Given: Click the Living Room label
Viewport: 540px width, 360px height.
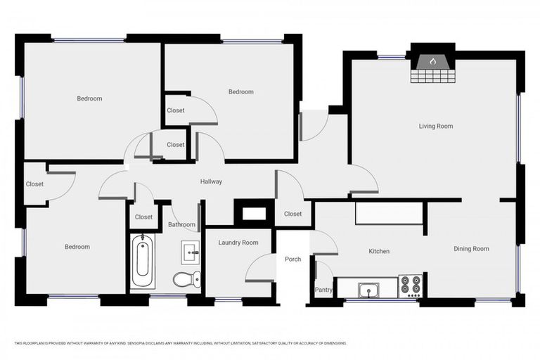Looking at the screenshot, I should [x=435, y=127].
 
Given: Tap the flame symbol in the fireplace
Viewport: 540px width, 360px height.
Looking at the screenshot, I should [x=432, y=62].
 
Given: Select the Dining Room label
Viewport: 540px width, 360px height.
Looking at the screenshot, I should [x=470, y=249].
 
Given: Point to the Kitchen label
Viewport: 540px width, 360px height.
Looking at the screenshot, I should [x=379, y=251].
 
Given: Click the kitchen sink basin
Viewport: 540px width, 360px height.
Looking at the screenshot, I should [x=368, y=289].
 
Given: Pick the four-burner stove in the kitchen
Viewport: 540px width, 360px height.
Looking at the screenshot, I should [x=410, y=286].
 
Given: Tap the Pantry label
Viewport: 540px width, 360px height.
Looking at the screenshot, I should [x=323, y=290].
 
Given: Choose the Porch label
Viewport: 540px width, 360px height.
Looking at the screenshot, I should [x=292, y=259].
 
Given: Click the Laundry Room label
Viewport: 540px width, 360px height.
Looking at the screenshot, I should [x=238, y=243].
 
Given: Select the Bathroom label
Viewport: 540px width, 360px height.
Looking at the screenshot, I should [x=181, y=225].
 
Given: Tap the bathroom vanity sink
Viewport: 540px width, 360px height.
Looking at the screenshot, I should [x=191, y=252].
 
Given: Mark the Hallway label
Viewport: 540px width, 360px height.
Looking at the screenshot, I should [x=211, y=181].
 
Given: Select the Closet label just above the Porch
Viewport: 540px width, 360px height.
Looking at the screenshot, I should [x=292, y=214].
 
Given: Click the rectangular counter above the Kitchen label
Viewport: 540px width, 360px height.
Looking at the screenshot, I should [x=389, y=213].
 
